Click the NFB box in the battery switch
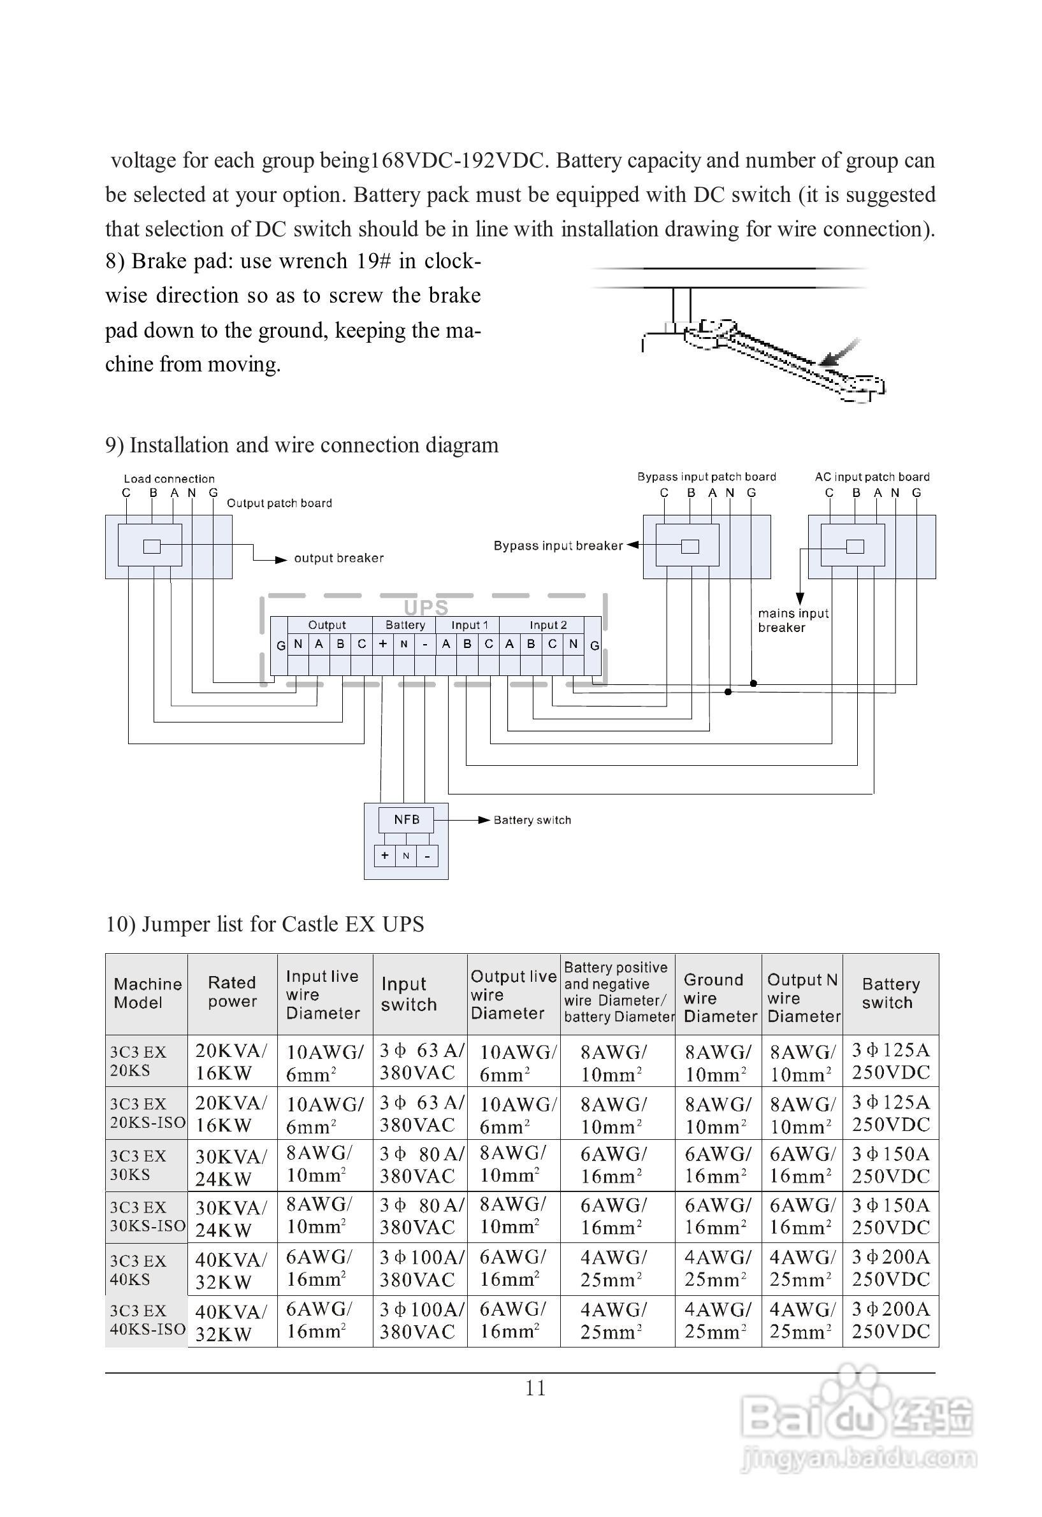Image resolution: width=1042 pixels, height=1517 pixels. pyautogui.click(x=406, y=820)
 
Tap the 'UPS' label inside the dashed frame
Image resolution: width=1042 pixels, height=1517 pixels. pyautogui.click(x=426, y=608)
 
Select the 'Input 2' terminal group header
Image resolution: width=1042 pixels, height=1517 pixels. pyautogui.click(x=548, y=624)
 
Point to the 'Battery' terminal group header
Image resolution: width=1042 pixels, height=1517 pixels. pyautogui.click(x=405, y=624)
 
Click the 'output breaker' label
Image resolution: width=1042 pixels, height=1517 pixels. pyautogui.click(x=339, y=558)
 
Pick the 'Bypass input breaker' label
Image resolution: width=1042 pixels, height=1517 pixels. pyautogui.click(x=558, y=546)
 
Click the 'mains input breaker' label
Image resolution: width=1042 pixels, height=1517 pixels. pyautogui.click(x=793, y=620)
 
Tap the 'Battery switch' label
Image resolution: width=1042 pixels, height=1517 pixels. pyautogui.click(x=532, y=820)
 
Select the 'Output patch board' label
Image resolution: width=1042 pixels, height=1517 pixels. pyautogui.click(x=279, y=503)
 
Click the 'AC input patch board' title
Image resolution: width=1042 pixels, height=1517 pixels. pyautogui.click(x=872, y=477)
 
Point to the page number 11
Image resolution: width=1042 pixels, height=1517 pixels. pyautogui.click(x=535, y=1388)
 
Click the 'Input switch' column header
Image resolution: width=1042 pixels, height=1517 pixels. pyautogui.click(x=409, y=994)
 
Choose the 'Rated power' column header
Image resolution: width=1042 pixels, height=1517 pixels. pyautogui.click(x=233, y=992)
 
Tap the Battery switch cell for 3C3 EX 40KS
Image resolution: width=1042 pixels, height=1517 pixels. pyautogui.click(x=890, y=1269)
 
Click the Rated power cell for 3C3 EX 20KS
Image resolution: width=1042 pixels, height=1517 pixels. pyautogui.click(x=231, y=1061)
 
